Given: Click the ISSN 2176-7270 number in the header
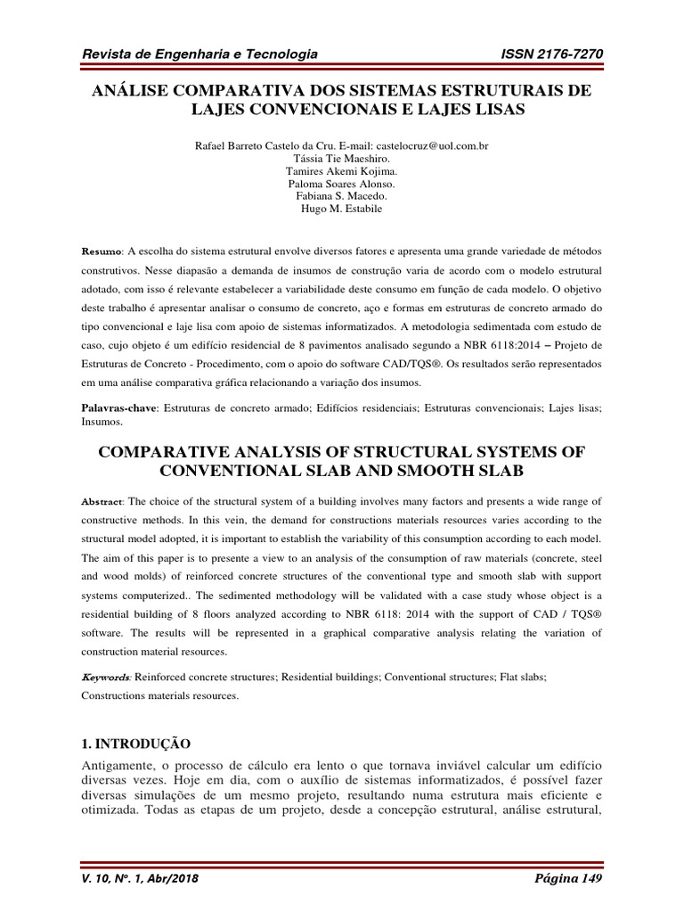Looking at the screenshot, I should coord(553,55).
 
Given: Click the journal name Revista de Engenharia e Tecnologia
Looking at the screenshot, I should coord(199,55).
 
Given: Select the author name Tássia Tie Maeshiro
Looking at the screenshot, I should coord(342,158).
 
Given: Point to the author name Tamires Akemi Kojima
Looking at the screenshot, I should coord(342,171).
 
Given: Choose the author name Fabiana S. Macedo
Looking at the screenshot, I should coord(342,196).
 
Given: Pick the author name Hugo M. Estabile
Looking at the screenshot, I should coord(342,210).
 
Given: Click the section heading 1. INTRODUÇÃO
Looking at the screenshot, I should coord(136,743).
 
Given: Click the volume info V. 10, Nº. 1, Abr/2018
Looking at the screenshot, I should coord(140,878).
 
